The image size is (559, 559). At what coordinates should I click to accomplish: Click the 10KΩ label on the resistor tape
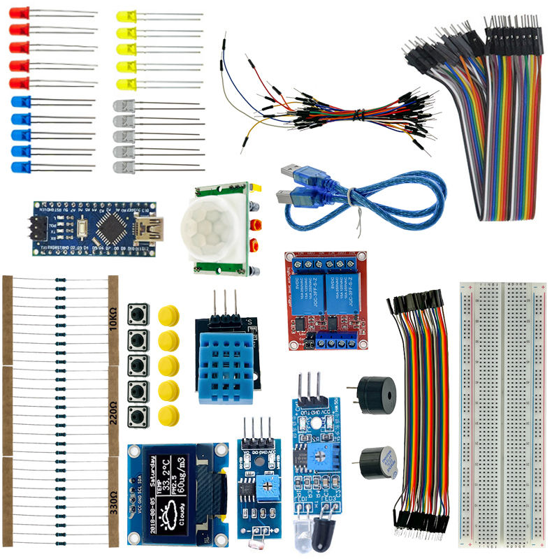[113, 318]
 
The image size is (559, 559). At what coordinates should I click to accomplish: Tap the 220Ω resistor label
[113, 411]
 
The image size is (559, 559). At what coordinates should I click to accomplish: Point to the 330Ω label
[113, 502]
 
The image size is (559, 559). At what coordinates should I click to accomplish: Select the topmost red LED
[20, 13]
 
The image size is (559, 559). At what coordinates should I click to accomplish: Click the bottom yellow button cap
[168, 415]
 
